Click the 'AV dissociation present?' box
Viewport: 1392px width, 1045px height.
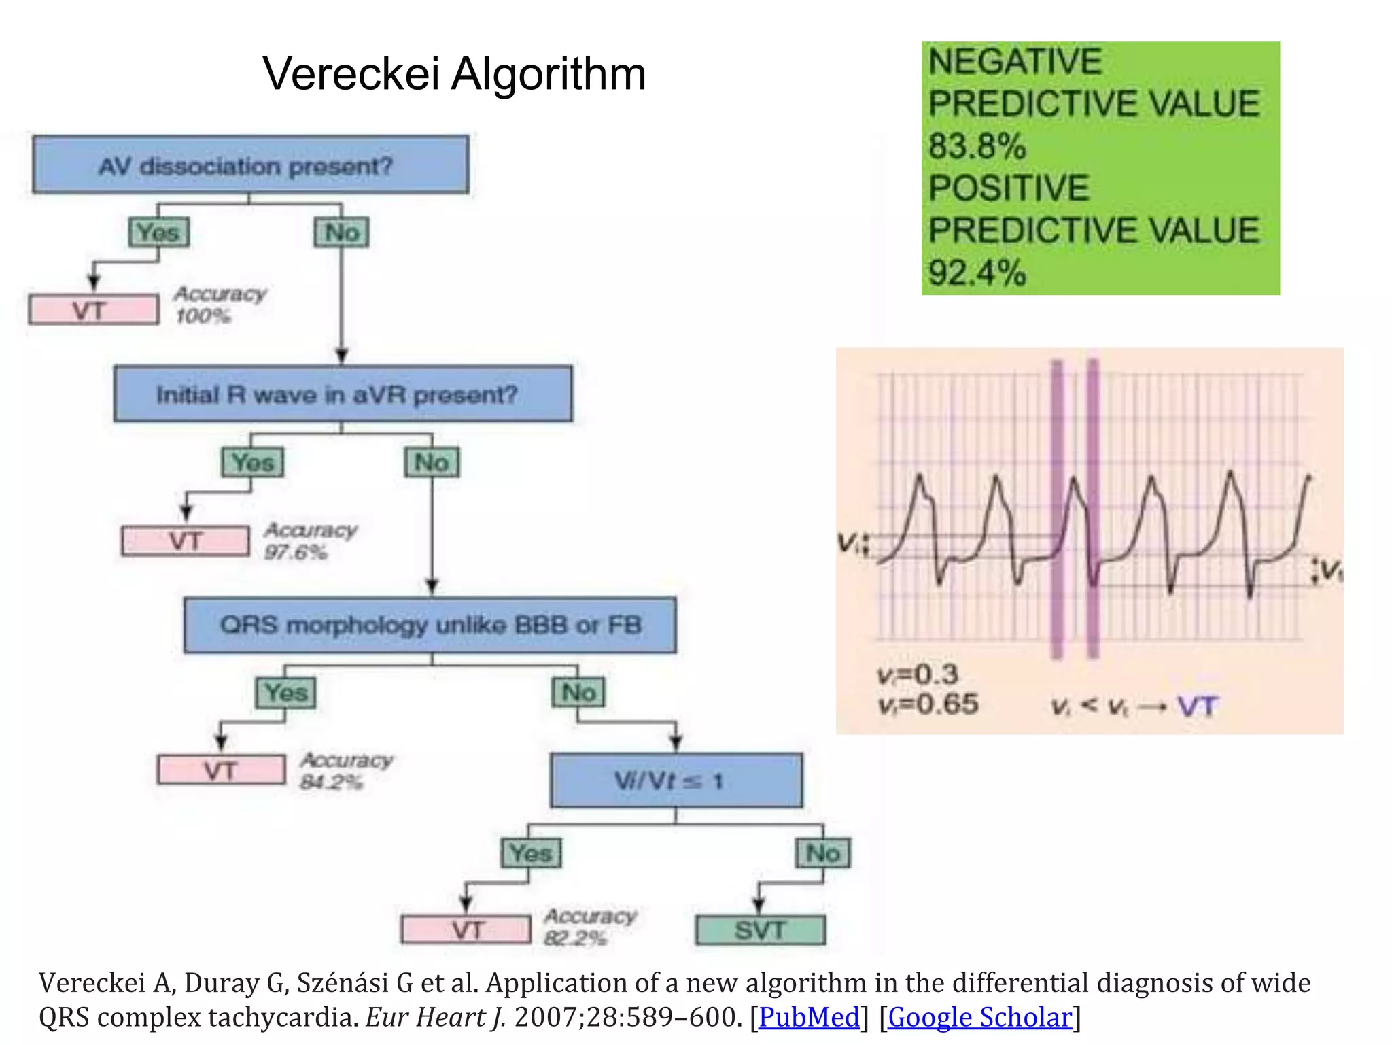(x=250, y=165)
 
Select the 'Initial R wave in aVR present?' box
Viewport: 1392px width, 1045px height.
(x=343, y=394)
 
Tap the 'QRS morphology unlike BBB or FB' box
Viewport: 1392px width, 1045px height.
(x=430, y=625)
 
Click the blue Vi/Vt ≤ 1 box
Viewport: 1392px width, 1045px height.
(x=676, y=781)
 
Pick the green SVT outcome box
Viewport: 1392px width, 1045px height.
(x=760, y=930)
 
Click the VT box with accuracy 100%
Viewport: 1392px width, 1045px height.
(x=93, y=310)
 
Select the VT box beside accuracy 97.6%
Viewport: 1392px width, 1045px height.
(x=185, y=541)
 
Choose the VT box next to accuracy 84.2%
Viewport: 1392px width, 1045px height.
(x=221, y=770)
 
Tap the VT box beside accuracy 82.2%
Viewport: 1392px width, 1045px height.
(x=466, y=929)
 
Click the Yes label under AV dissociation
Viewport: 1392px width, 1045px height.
(x=158, y=233)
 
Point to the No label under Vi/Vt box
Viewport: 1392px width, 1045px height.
(x=822, y=853)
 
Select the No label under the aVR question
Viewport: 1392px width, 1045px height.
(x=432, y=462)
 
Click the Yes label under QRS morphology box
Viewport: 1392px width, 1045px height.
(x=285, y=693)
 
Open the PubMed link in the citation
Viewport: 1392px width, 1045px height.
(x=809, y=1017)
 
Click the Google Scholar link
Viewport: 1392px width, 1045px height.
(x=979, y=1017)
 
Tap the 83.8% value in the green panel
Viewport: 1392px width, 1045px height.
(x=977, y=146)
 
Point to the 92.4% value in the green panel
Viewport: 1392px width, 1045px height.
(x=977, y=273)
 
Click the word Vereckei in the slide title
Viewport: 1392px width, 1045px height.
(x=351, y=73)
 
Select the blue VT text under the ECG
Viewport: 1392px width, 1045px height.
(x=1198, y=707)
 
